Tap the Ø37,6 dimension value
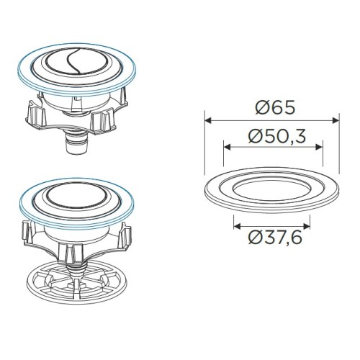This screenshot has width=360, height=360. (274, 235)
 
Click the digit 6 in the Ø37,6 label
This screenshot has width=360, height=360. (302, 235)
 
